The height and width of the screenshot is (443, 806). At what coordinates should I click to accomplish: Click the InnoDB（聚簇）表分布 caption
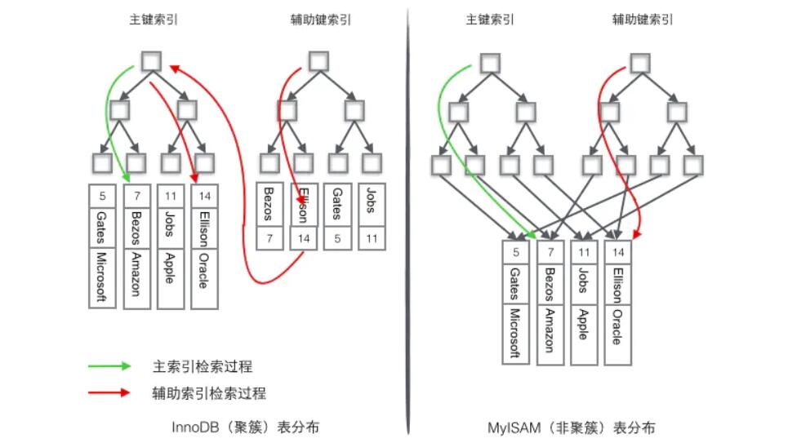pos(244,427)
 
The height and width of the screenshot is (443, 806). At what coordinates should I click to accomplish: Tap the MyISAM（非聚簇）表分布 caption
pos(570,427)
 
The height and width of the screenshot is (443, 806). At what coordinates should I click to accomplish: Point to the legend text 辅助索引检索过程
pos(209,392)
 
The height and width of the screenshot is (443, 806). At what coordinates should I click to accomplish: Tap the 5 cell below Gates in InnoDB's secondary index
pos(336,239)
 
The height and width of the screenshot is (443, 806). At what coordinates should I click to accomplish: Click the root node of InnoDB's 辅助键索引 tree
pos(318,60)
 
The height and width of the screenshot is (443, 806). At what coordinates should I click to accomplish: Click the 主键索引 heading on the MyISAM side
pos(488,20)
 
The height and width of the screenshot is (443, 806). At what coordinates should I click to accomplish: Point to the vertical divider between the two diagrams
pos(407,220)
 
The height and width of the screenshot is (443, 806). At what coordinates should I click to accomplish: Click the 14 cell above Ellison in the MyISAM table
pos(617,252)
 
